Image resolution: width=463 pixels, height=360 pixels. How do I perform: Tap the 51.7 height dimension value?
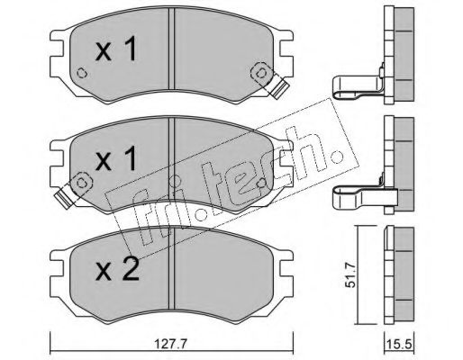[x=350, y=274]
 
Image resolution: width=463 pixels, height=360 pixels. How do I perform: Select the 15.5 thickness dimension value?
[x=400, y=345]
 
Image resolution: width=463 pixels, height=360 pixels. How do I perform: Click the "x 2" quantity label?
[x=117, y=269]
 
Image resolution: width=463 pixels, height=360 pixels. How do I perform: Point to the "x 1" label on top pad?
[x=116, y=49]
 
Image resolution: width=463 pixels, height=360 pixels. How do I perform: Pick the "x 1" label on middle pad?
[x=116, y=159]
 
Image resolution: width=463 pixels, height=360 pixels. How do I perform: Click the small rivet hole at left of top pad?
[x=82, y=73]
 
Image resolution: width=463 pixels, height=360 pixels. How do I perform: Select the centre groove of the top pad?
[x=171, y=49]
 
